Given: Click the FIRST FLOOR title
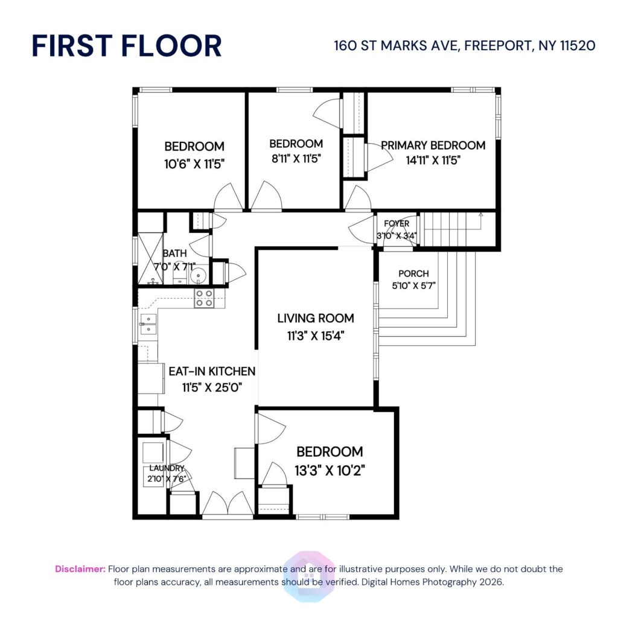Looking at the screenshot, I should pyautogui.click(x=127, y=46).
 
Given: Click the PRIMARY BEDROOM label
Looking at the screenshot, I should pyautogui.click(x=433, y=145).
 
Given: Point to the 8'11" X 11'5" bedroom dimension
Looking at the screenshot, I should pyautogui.click(x=296, y=159).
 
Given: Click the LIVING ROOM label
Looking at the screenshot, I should pyautogui.click(x=316, y=318).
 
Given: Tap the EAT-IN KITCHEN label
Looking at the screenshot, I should pyautogui.click(x=212, y=371).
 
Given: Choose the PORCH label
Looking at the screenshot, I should pyautogui.click(x=413, y=273).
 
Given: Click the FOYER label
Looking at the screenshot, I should pyautogui.click(x=396, y=224).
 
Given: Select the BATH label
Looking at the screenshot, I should pyautogui.click(x=174, y=253).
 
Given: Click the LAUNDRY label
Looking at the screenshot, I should pyautogui.click(x=167, y=468).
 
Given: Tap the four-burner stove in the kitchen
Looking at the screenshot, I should pyautogui.click(x=204, y=299).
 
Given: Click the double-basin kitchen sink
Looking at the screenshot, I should pyautogui.click(x=148, y=324).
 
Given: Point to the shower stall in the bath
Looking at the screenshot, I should pyautogui.click(x=148, y=258).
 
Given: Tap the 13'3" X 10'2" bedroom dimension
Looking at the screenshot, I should pyautogui.click(x=330, y=469).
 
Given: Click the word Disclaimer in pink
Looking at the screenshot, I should pyautogui.click(x=80, y=569).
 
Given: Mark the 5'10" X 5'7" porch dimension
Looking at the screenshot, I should pyautogui.click(x=413, y=285).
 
